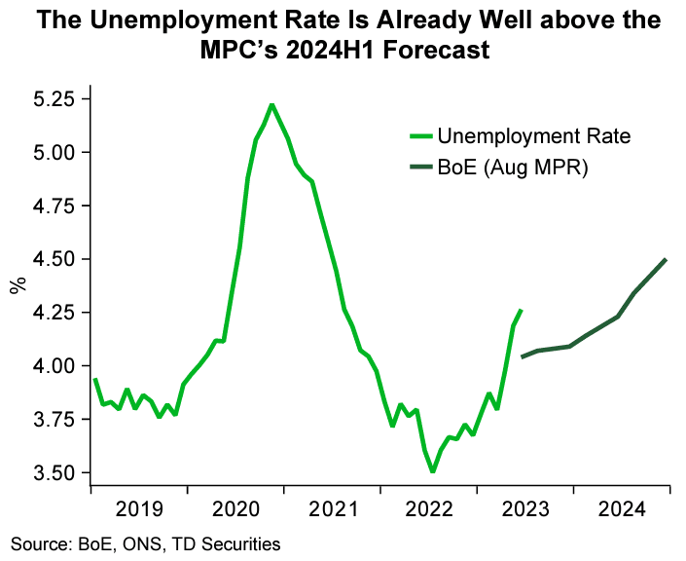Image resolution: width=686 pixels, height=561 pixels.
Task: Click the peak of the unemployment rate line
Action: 271,104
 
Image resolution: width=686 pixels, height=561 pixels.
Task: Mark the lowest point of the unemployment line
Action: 432,471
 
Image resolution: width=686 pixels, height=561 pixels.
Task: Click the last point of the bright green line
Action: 522,310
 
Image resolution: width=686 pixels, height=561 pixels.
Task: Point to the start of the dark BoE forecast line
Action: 524,356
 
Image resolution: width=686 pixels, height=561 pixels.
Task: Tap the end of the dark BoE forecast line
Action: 666,259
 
